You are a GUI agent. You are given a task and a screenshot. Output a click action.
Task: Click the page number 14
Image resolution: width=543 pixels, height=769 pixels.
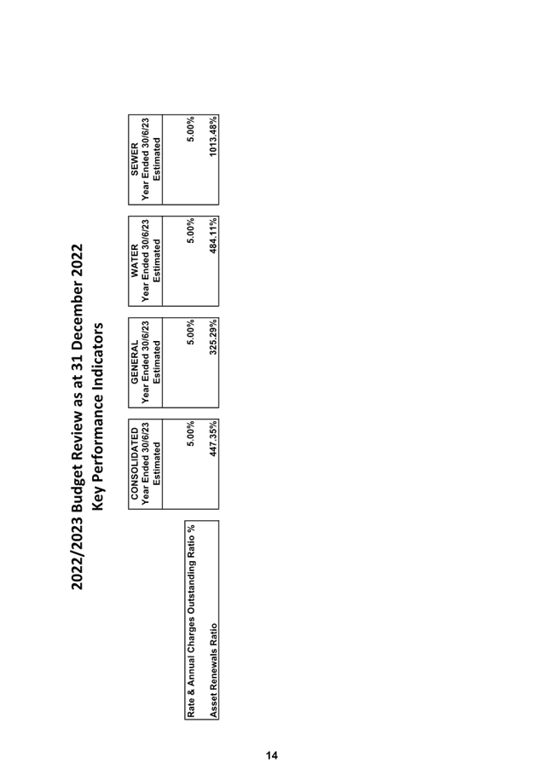pos(272,755)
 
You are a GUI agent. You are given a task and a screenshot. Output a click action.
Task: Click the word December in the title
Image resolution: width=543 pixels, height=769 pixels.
pos(78,312)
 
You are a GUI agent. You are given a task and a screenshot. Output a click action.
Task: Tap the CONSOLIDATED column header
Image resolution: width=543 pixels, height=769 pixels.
pos(135,464)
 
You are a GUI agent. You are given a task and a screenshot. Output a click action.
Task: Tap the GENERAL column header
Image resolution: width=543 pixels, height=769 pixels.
pos(135,362)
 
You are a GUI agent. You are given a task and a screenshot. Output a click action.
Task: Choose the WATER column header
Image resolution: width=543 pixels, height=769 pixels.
pos(135,261)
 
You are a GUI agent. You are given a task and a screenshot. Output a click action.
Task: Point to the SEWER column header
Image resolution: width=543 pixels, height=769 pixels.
pos(135,159)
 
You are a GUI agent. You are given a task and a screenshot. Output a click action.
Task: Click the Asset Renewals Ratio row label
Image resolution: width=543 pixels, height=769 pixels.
pos(212,670)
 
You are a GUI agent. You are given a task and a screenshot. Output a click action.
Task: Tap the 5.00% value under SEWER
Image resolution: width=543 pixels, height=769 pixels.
pos(191,129)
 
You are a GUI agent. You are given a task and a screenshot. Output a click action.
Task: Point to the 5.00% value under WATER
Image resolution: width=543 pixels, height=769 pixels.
pos(191,230)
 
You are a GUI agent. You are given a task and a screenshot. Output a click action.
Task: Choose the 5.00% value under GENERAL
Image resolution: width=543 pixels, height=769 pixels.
pos(191,332)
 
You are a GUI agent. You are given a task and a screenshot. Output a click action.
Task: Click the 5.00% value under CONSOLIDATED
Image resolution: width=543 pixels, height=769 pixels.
pos(191,434)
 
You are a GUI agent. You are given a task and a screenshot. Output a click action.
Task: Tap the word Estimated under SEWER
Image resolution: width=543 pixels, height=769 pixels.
pos(157,159)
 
